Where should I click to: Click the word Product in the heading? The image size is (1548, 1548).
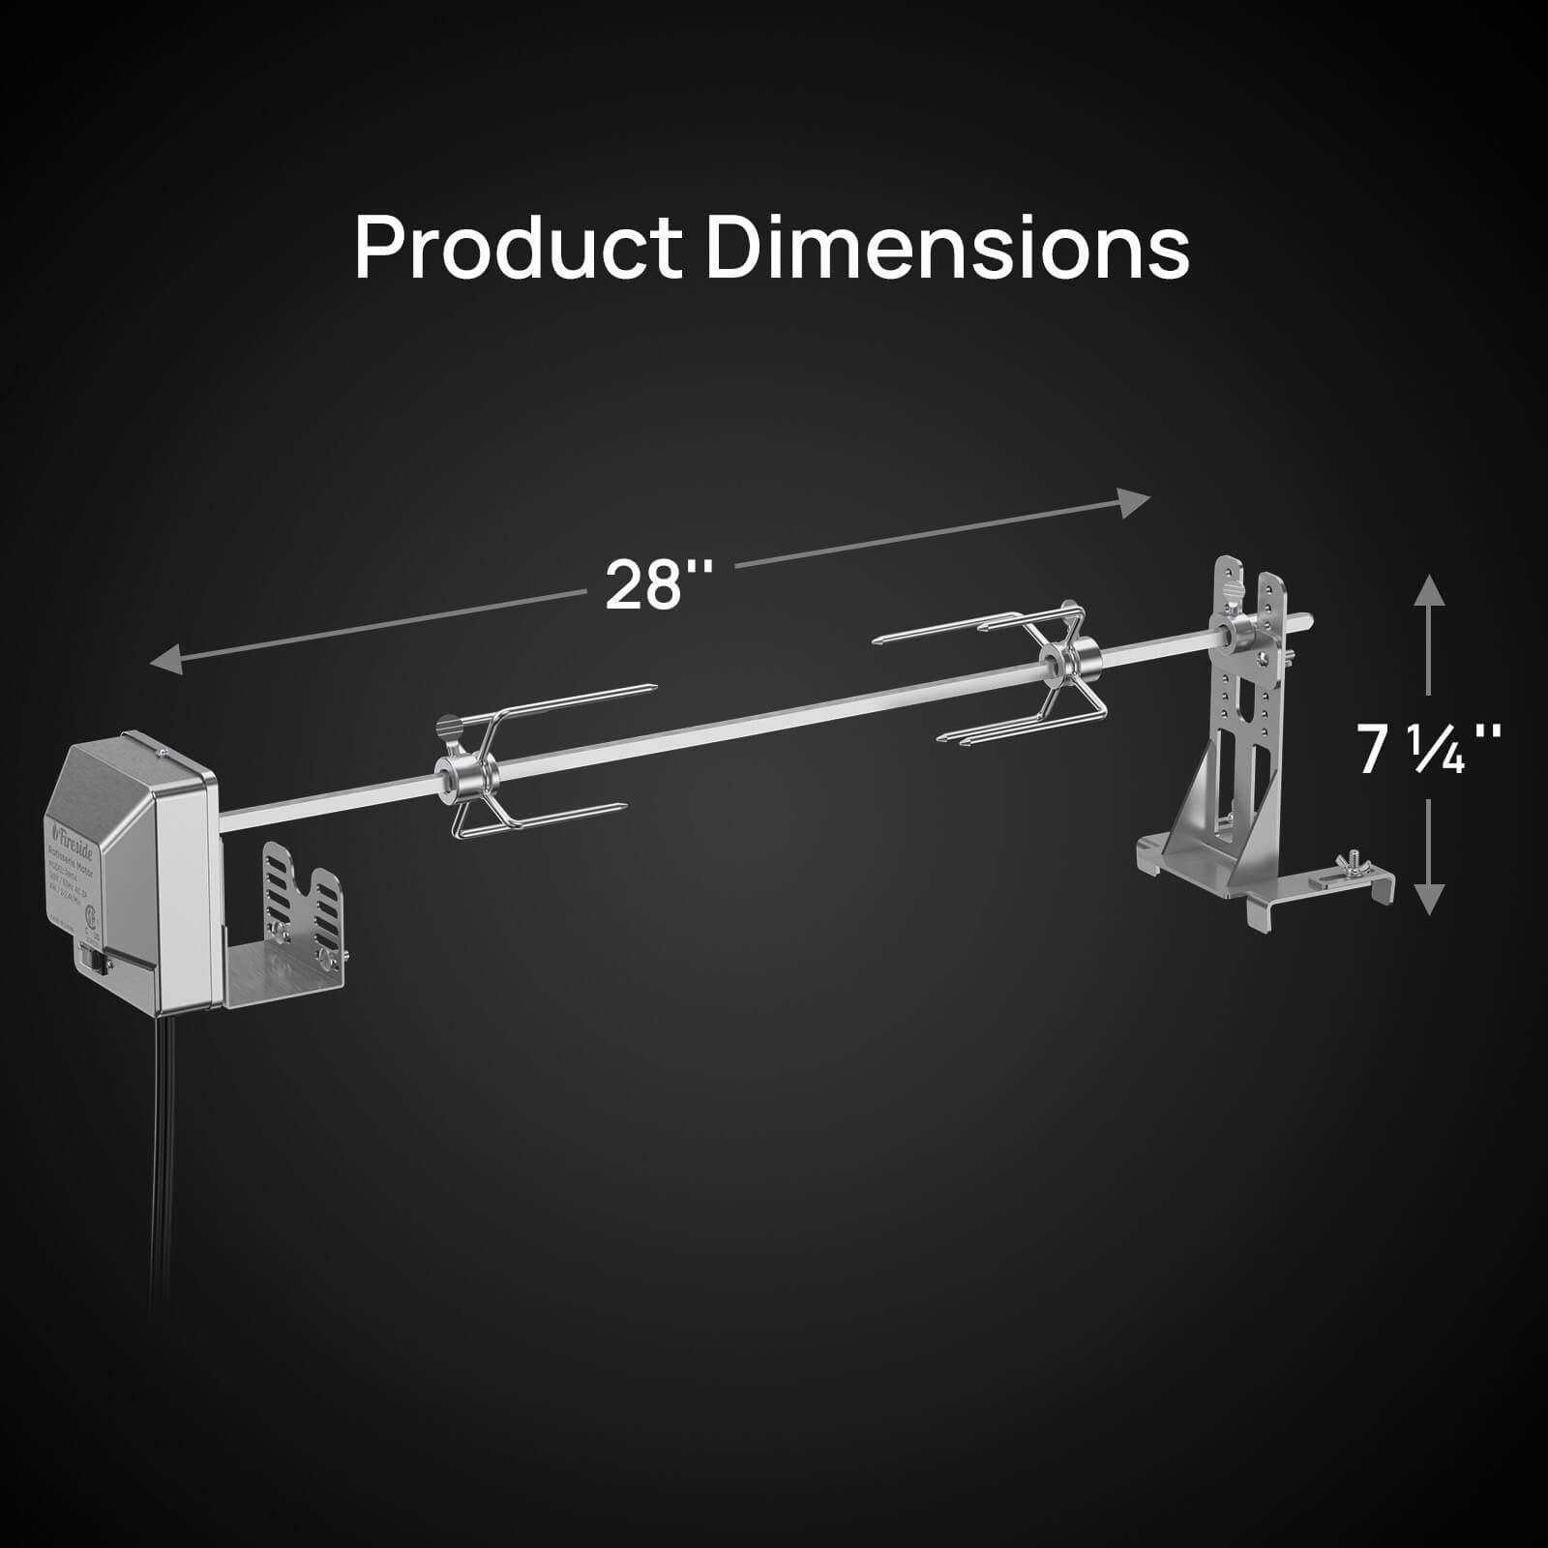(518, 248)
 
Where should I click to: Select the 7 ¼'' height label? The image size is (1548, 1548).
(1429, 750)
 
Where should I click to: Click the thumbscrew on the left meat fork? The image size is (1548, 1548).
(447, 727)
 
